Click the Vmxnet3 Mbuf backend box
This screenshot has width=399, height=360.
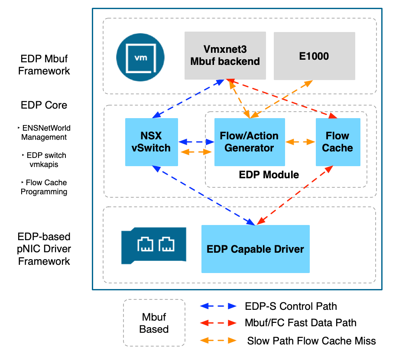(225, 55)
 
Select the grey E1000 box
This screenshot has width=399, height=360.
(314, 56)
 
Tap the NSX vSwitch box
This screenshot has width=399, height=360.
(151, 142)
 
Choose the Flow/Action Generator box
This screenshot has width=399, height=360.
(250, 142)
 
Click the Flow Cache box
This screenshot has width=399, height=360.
(337, 142)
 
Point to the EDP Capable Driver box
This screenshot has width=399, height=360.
(255, 249)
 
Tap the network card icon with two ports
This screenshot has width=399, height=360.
(153, 245)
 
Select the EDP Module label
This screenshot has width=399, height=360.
(269, 175)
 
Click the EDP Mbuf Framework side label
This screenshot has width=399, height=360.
(44, 65)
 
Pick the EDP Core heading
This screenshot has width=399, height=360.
(44, 106)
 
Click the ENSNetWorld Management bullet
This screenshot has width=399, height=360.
(44, 133)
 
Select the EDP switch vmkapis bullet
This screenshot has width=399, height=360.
(44, 160)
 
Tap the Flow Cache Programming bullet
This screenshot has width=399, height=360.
(44, 187)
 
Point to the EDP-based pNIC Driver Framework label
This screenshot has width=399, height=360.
(44, 249)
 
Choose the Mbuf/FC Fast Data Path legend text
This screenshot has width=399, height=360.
(301, 322)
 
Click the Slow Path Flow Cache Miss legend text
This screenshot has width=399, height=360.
(311, 341)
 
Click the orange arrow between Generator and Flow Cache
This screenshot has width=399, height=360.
(300, 142)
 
